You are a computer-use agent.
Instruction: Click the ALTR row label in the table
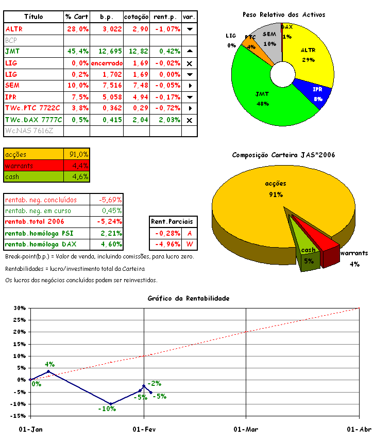(14, 29)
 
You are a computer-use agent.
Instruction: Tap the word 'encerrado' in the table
(107, 63)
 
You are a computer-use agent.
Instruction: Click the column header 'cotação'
(137, 17)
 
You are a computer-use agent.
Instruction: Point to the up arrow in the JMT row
(190, 51)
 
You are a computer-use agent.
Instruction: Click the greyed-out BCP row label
(11, 40)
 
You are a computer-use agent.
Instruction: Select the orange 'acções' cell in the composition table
(33, 154)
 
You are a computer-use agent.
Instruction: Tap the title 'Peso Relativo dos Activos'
(284, 14)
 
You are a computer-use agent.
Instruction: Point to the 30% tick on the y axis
(19, 308)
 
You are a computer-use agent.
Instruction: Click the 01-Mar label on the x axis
(246, 429)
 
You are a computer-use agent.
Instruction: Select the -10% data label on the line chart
(107, 409)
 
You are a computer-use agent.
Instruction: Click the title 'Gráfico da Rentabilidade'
(188, 298)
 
